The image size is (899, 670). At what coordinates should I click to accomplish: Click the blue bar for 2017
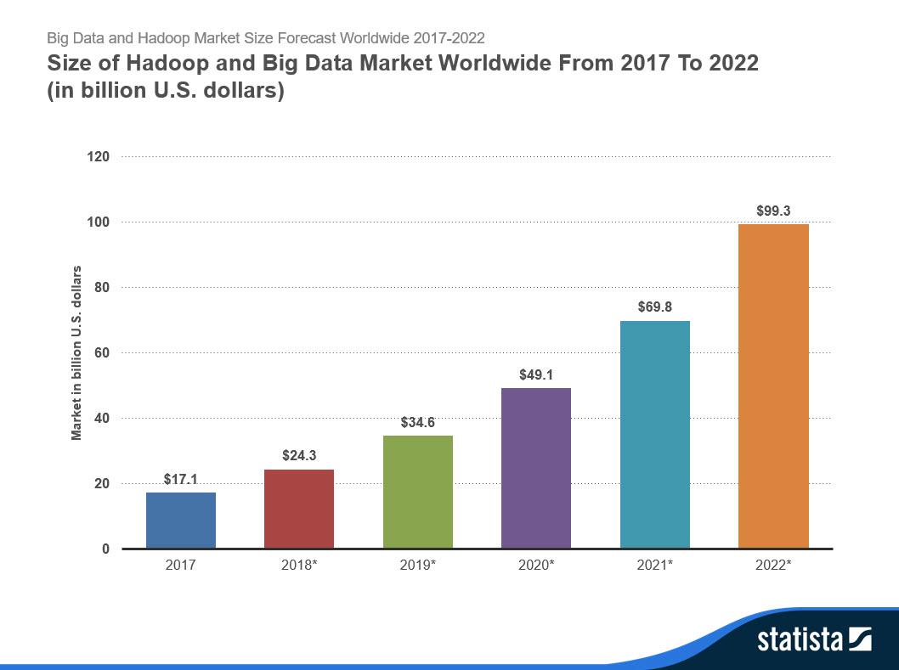pyautogui.click(x=180, y=520)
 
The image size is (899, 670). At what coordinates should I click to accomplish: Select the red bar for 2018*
pyautogui.click(x=299, y=509)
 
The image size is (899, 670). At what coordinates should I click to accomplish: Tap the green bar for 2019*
pyautogui.click(x=417, y=492)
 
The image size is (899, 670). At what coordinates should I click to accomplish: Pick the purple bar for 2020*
pyautogui.click(x=536, y=468)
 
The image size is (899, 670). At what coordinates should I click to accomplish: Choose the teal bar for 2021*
pyautogui.click(x=654, y=434)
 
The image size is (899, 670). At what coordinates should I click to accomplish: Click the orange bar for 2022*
pyautogui.click(x=773, y=386)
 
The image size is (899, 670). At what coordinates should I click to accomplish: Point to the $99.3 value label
pyautogui.click(x=773, y=210)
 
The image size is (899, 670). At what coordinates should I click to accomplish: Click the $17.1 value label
pyautogui.click(x=180, y=479)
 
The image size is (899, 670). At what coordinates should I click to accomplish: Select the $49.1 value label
pyautogui.click(x=536, y=374)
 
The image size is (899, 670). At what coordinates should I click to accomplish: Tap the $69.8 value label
pyautogui.click(x=654, y=307)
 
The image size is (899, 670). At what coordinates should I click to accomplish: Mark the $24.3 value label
pyautogui.click(x=299, y=455)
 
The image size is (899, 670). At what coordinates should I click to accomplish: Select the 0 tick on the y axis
pyautogui.click(x=106, y=549)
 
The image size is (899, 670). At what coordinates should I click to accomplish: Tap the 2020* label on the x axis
pyautogui.click(x=536, y=564)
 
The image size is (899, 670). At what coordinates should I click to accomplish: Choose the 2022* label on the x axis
pyautogui.click(x=773, y=564)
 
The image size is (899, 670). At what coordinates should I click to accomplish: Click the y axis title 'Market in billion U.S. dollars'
pyautogui.click(x=76, y=352)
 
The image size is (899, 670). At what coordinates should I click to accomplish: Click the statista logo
pyautogui.click(x=814, y=639)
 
